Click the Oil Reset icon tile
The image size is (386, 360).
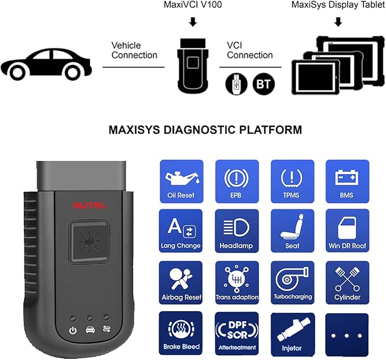point(182,181)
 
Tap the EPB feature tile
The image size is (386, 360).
point(237,181)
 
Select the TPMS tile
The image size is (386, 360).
point(292,181)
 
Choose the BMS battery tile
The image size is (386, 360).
point(347,181)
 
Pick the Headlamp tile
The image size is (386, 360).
point(237,231)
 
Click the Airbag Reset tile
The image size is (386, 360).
point(181,283)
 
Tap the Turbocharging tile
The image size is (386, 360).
point(292,283)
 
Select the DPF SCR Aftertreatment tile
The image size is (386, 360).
point(237,334)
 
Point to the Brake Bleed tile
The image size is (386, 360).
point(181,333)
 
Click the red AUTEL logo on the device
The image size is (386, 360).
point(90,205)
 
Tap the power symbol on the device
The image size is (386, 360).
point(73,330)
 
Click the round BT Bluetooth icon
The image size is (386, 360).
point(263,84)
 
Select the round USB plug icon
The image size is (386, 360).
point(236,84)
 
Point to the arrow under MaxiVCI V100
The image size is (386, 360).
point(193,22)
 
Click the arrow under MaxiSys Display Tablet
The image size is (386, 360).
point(338,22)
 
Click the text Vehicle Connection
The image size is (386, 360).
point(134,50)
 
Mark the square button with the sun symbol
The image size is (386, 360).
point(89,242)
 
